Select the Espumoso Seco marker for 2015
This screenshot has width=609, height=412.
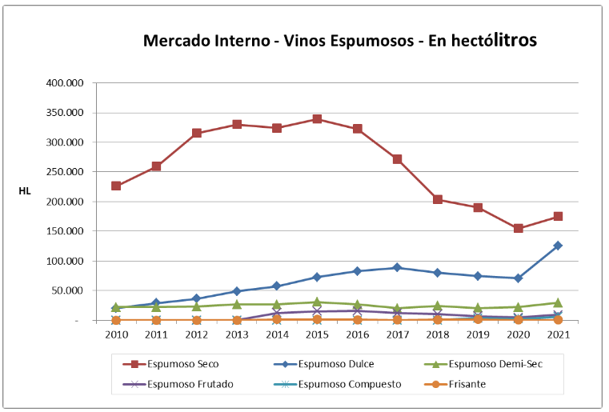[317, 119]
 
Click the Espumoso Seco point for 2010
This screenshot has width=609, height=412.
[116, 186]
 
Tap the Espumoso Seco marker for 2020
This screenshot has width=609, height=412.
[518, 228]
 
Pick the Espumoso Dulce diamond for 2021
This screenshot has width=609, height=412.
[558, 246]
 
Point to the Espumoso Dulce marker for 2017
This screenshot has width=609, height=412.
[397, 267]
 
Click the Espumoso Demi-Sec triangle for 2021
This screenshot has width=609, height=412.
[558, 302]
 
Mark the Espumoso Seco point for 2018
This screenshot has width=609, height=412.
[438, 199]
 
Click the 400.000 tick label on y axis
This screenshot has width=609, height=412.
[68, 83]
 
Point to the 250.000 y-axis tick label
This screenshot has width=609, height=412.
[68, 172]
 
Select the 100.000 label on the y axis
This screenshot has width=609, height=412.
[68, 261]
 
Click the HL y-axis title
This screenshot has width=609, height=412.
[25, 191]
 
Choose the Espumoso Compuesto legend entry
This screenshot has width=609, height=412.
[340, 384]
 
